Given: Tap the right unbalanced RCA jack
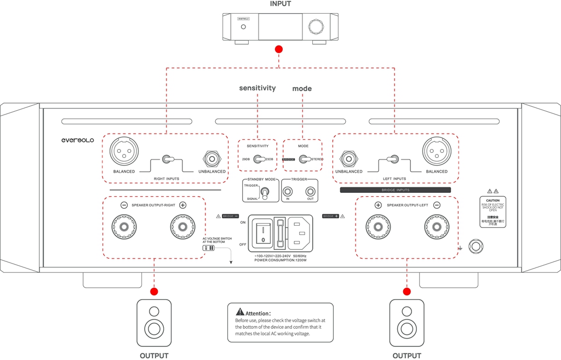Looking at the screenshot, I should [213, 159].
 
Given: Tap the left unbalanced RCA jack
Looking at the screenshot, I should [348, 159].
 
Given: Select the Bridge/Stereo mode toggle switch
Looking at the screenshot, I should [303, 159].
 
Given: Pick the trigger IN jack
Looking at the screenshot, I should [288, 191].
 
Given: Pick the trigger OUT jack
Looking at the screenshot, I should [310, 191].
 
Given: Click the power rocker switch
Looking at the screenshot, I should [264, 231].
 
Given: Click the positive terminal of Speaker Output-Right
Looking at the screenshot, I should [182, 225].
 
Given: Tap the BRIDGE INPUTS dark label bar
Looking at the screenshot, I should [395, 190].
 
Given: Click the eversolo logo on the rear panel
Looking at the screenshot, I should [77, 140].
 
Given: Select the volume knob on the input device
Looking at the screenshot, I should [316, 26].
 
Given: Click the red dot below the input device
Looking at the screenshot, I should [279, 49].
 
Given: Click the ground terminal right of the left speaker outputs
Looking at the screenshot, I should [476, 245].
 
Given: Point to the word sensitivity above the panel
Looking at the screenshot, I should [257, 88].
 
